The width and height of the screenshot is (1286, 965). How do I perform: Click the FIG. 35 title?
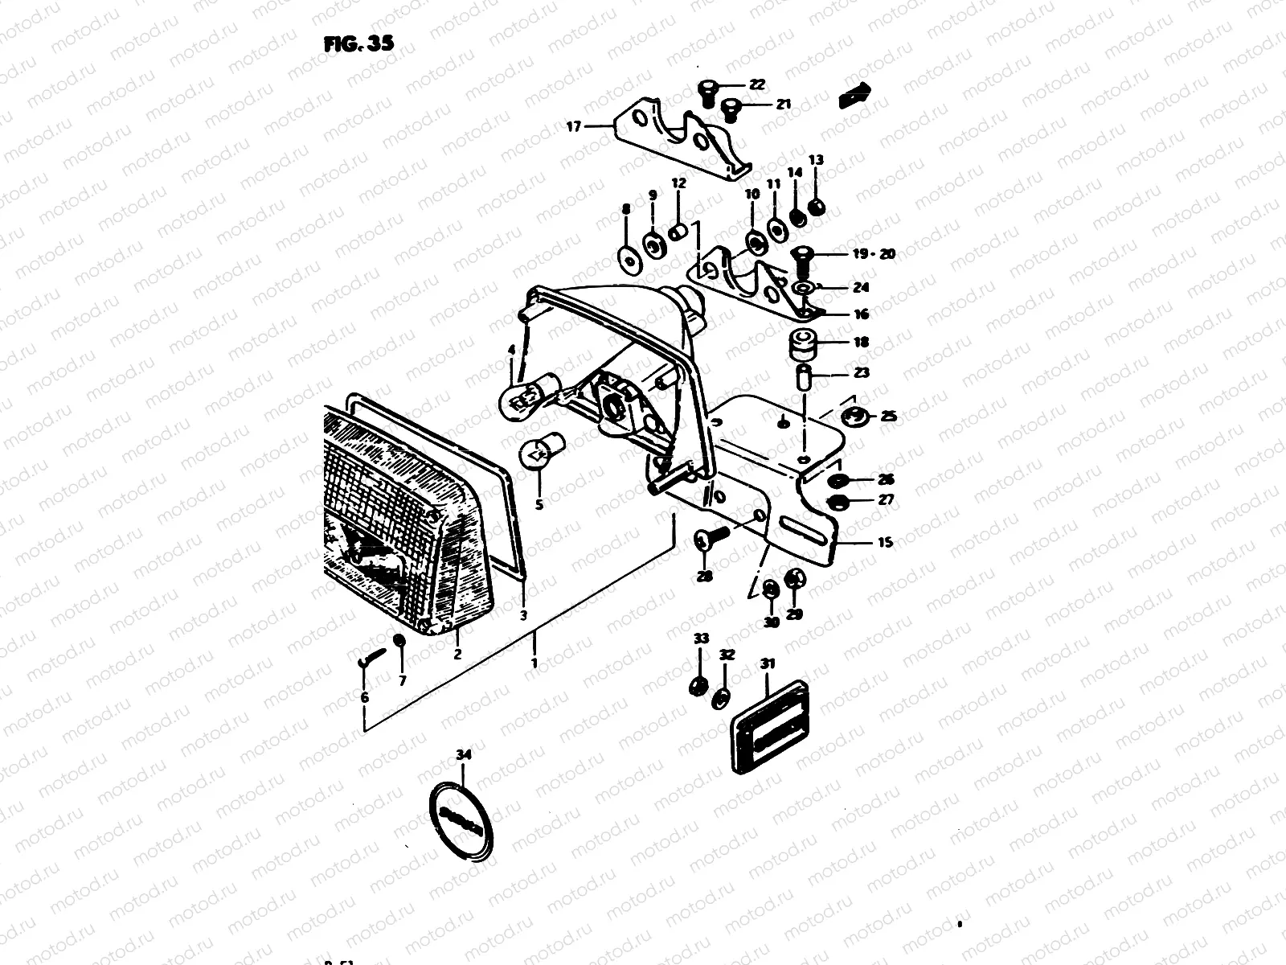(358, 44)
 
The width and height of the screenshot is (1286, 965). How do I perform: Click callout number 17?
(572, 126)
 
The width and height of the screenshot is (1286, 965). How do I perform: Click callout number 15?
(884, 543)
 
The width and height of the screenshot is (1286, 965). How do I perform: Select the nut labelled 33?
(698, 686)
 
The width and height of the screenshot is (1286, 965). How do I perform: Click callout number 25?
(888, 417)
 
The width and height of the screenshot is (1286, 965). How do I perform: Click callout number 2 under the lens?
(457, 654)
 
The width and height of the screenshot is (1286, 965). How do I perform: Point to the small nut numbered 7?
(399, 641)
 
